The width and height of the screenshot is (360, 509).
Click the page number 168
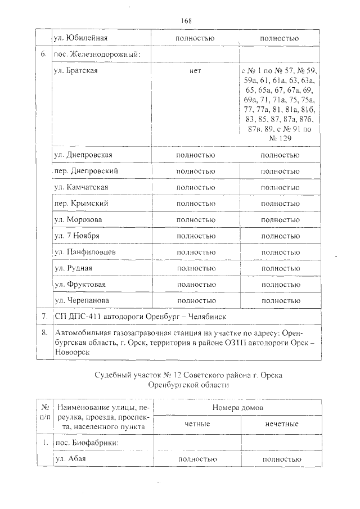coord(187,21)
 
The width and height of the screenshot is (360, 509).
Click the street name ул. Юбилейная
coord(80,38)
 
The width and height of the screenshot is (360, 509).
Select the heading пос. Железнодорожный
coord(96,54)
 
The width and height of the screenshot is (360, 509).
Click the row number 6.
coord(43,54)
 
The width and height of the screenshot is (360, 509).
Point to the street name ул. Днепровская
coord(83,155)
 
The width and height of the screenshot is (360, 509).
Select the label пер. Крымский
coord(80,203)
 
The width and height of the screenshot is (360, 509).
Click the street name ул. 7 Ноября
coord(78,236)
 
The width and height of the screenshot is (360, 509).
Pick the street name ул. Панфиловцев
coord(85,252)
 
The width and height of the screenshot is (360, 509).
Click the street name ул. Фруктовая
coord(80,285)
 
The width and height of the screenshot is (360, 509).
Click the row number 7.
coord(43,317)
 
